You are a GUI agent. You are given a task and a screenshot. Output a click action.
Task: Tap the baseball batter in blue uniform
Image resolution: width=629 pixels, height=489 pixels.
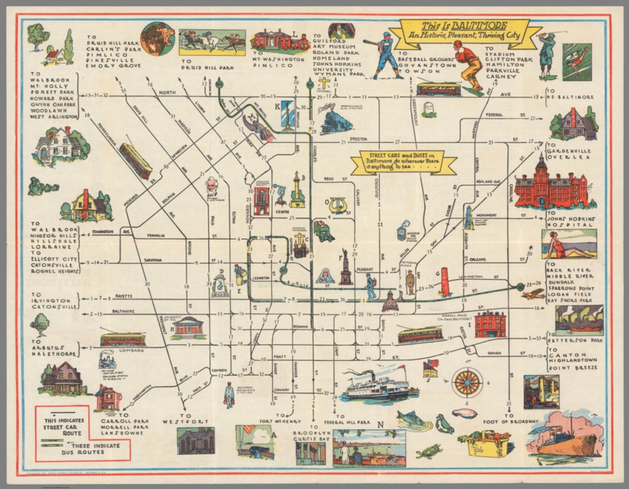[x=386, y=56]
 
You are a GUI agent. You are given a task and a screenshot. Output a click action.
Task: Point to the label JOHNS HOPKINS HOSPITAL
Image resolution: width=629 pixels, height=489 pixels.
[x=570, y=222]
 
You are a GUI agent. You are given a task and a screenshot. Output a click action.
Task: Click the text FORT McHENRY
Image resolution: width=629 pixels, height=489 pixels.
[x=280, y=421]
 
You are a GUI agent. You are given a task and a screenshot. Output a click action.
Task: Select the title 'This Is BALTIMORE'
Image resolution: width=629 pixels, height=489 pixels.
[x=464, y=30]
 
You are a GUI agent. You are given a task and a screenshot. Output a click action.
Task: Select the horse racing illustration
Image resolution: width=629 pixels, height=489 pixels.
[x=212, y=42]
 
